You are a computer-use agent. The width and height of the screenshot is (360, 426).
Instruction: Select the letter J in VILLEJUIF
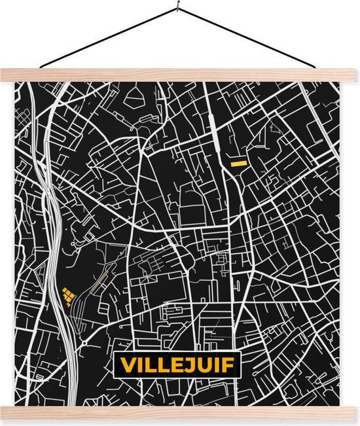tap(184, 364)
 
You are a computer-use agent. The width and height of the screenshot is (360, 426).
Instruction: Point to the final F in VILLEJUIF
tap(226, 364)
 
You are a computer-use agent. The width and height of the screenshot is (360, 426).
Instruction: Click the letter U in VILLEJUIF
tap(200, 364)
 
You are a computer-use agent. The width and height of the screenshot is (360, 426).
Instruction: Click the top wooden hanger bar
tap(180, 74)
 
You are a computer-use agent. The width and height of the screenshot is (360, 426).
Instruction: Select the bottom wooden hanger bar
tap(180, 412)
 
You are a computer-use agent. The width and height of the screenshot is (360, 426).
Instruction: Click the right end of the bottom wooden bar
tap(351, 412)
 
